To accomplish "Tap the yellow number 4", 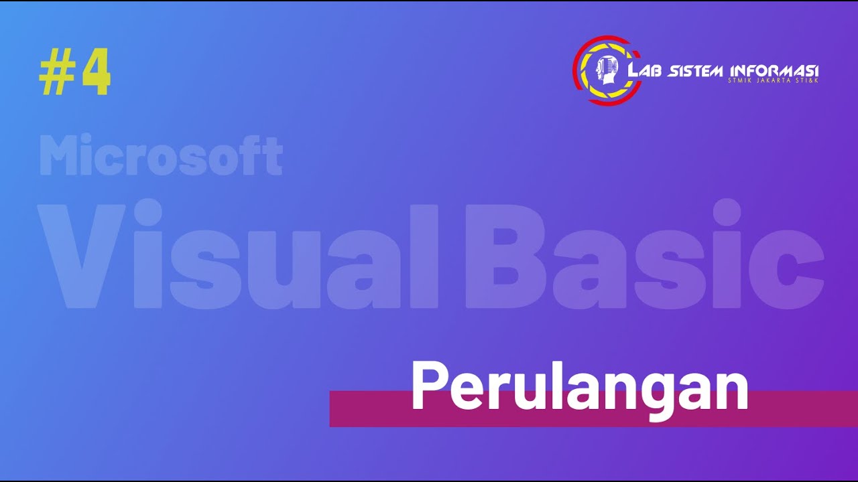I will tap(96, 74).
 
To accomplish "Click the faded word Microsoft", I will tap(161, 155).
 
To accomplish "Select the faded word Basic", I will tap(644, 256).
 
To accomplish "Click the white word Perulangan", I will tap(579, 388).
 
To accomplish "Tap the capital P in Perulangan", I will tap(427, 387).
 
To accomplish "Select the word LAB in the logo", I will tap(646, 71).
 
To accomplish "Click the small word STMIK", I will tap(741, 81).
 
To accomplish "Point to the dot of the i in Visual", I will tap(148, 214).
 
